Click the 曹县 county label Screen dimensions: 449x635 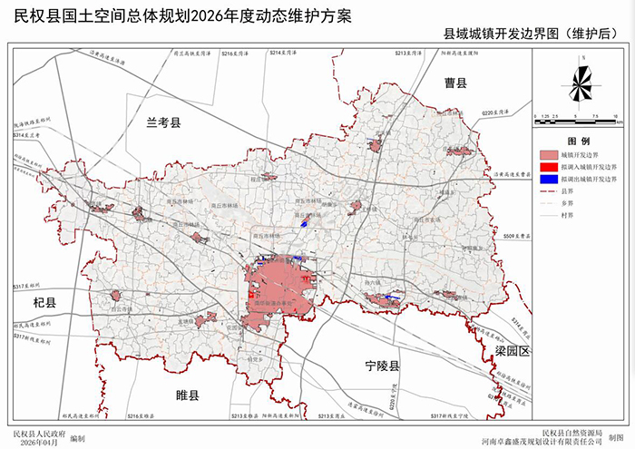point(455,83)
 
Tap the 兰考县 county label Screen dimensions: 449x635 point(164,122)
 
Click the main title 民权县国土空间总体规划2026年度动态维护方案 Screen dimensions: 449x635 point(181,15)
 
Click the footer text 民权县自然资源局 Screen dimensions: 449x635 point(571,430)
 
